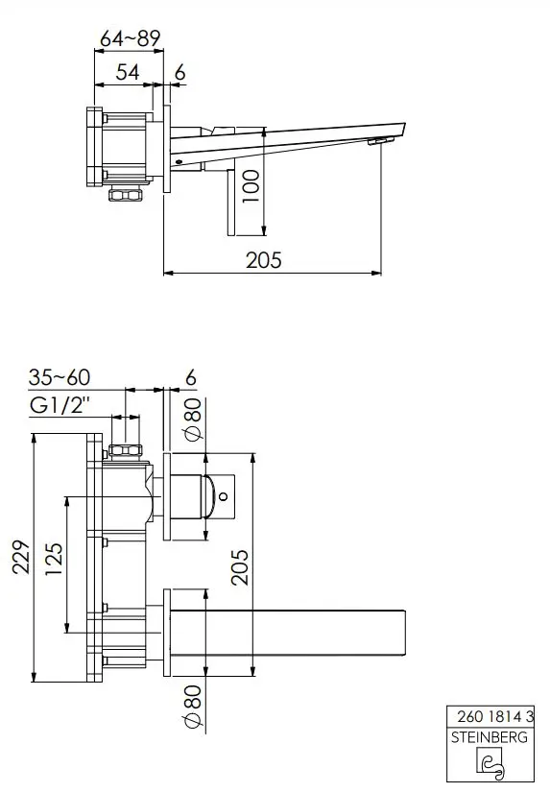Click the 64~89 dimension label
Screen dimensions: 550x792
[130, 38]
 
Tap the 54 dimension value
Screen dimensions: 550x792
[128, 72]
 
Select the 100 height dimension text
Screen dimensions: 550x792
[251, 186]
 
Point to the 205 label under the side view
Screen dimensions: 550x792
[264, 260]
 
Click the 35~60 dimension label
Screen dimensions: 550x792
[60, 377]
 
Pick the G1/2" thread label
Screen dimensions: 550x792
[60, 405]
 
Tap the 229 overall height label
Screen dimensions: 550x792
[21, 557]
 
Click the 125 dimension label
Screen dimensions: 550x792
[53, 559]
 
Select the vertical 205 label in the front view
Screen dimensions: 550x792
[240, 567]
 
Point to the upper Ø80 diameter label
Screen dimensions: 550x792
[193, 420]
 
